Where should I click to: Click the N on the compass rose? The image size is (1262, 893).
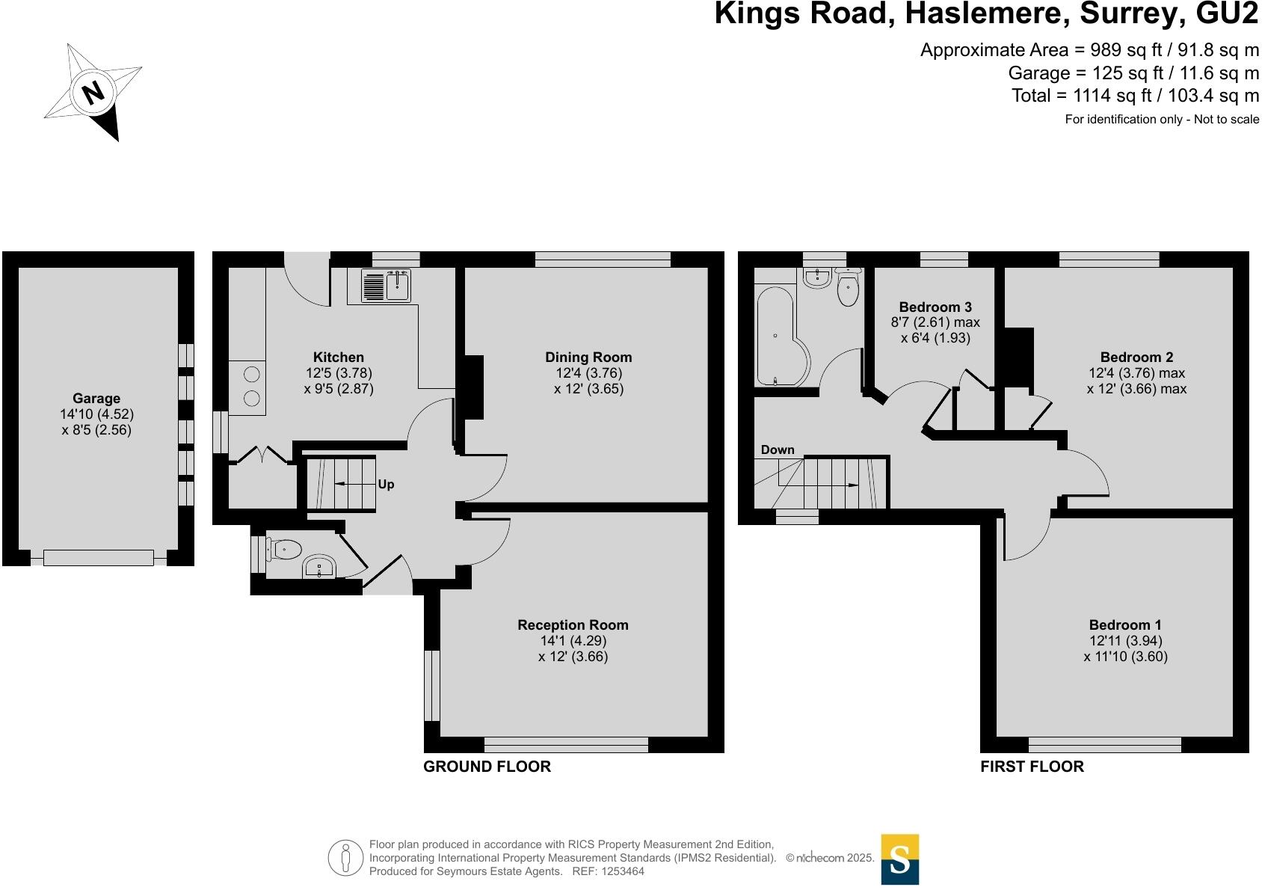click(x=93, y=93)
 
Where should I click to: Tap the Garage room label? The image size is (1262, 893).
click(x=96, y=399)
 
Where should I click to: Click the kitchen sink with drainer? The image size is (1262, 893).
click(x=387, y=286)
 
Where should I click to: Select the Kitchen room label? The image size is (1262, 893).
click(x=339, y=357)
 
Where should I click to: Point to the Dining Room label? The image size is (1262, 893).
click(x=588, y=357)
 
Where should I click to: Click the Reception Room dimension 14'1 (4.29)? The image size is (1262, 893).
click(x=573, y=641)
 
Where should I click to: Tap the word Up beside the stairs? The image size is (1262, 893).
click(x=386, y=485)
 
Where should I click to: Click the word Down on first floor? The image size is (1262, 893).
click(x=778, y=449)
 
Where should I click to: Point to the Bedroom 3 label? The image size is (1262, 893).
click(x=935, y=307)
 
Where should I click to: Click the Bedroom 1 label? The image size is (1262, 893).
click(x=1125, y=625)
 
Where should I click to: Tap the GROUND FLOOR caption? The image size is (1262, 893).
click(x=487, y=767)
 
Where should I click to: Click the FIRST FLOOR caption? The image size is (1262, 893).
click(x=1032, y=767)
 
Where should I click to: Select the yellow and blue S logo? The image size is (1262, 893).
click(x=900, y=859)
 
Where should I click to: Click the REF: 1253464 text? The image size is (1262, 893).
click(x=608, y=871)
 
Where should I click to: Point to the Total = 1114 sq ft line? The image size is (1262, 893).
click(x=1135, y=96)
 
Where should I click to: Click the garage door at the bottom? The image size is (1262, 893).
click(x=98, y=557)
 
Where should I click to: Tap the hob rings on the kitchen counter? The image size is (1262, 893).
click(x=252, y=386)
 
